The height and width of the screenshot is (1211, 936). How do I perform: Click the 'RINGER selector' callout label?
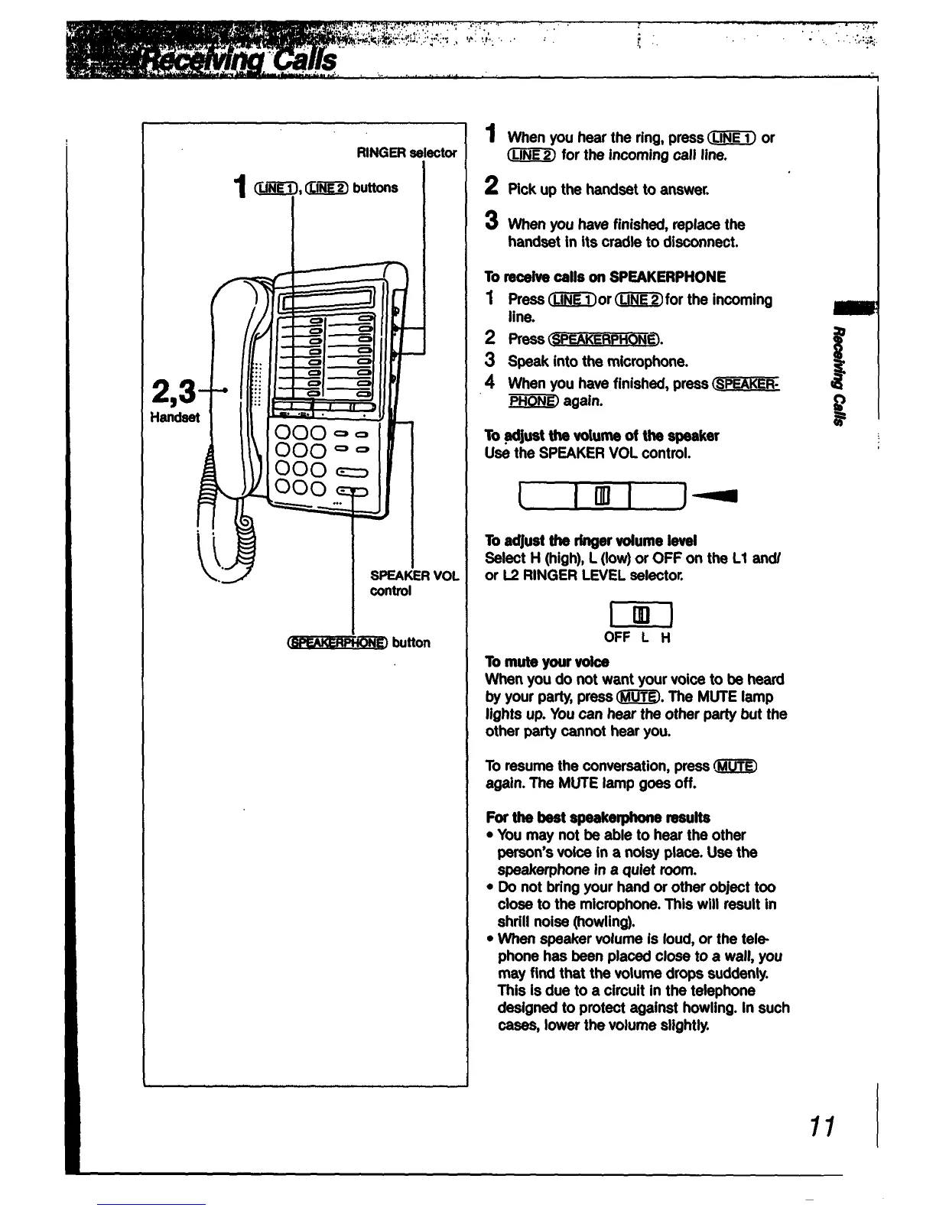click(x=406, y=153)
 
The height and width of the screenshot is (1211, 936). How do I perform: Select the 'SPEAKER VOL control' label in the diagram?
click(x=414, y=583)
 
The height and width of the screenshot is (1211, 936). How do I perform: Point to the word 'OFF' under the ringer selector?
click(x=617, y=638)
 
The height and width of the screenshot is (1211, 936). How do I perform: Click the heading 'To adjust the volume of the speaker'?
click(x=602, y=436)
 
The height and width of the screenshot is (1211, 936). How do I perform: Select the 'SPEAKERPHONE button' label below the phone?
click(x=357, y=642)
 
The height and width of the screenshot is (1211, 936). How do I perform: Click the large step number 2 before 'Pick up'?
click(x=492, y=187)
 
